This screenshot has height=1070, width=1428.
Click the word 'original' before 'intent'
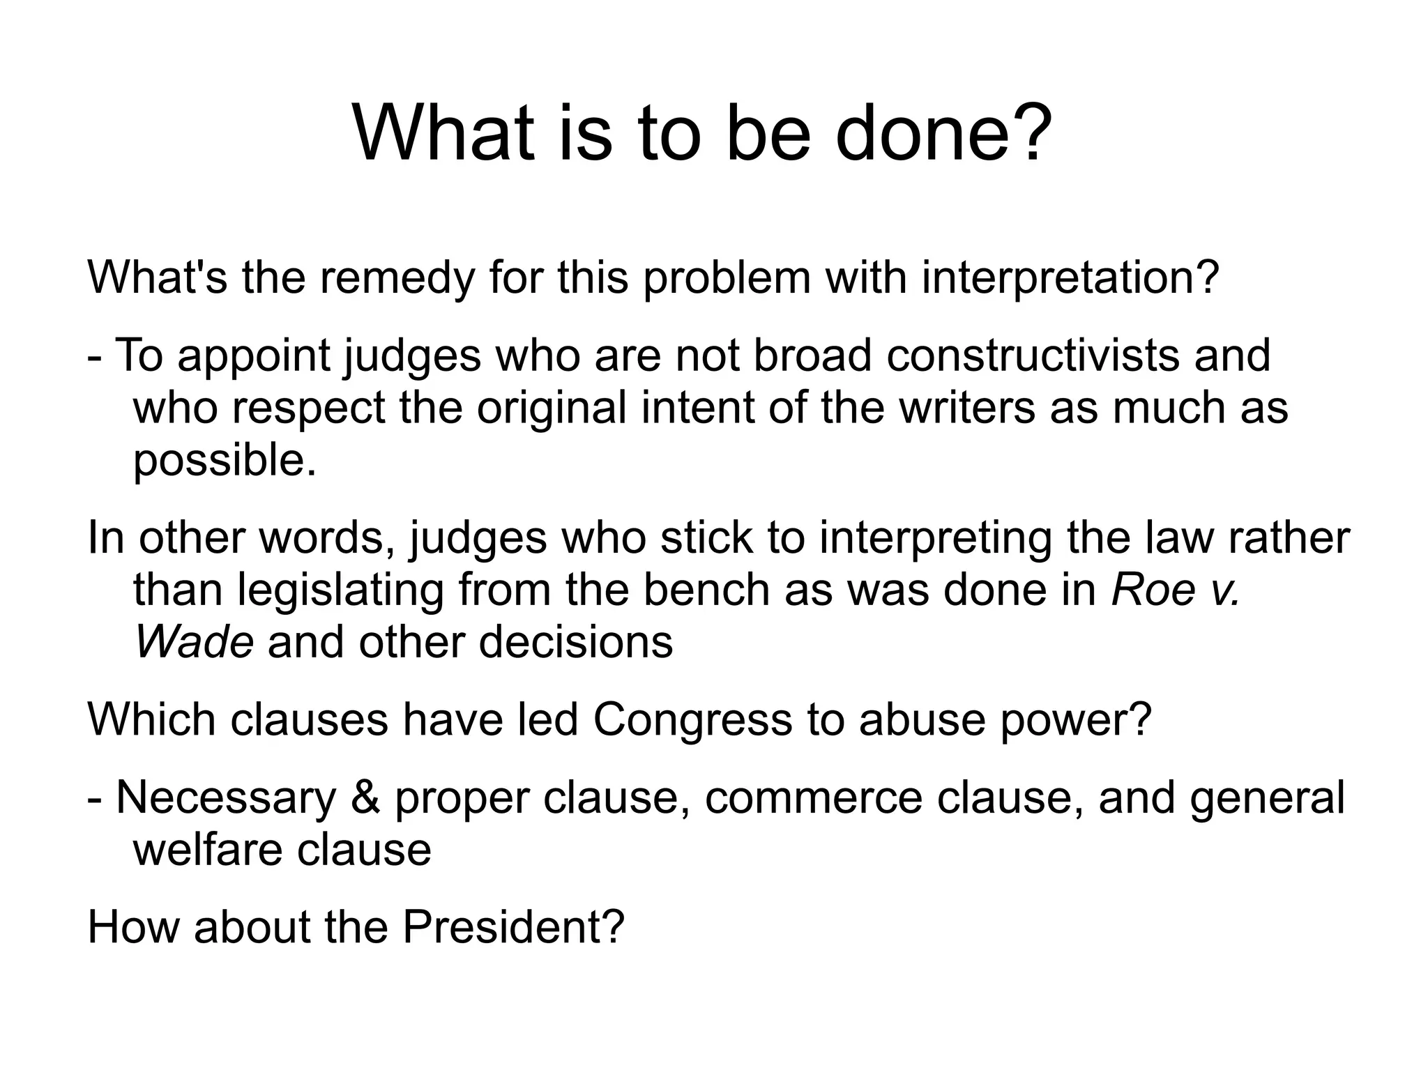click(551, 408)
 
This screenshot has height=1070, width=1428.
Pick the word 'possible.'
click(225, 461)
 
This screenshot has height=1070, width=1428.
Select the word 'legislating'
click(340, 590)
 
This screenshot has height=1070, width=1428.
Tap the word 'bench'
click(706, 590)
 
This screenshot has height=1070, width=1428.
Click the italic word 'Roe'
click(1152, 590)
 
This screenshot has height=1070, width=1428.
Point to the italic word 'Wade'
click(193, 642)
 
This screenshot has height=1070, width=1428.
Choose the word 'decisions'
click(576, 642)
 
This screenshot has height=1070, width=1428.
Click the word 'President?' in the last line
click(513, 928)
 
